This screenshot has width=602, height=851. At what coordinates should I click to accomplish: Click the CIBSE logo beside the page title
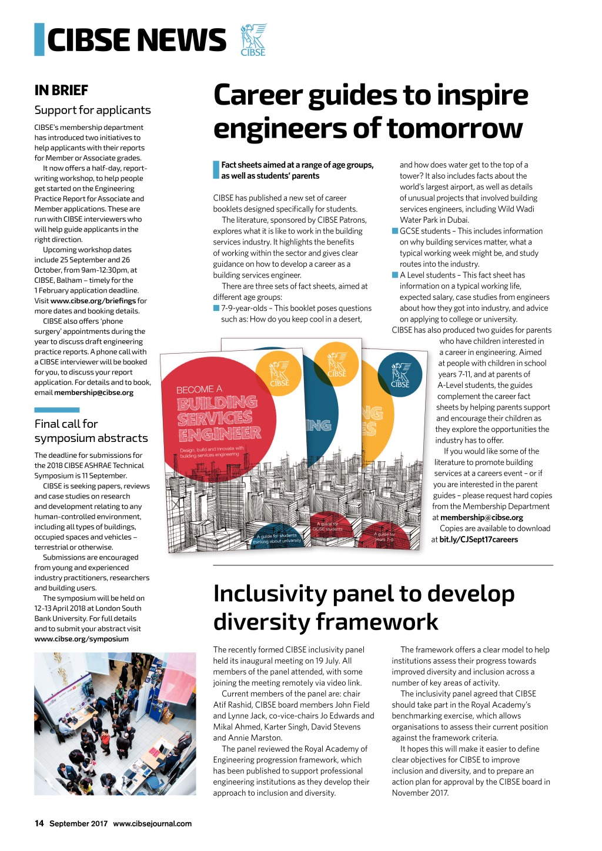253,39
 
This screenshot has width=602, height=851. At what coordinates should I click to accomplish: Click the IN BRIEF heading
61,91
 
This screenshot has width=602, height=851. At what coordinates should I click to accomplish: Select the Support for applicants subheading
92,110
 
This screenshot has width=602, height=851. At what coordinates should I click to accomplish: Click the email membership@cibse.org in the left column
93,393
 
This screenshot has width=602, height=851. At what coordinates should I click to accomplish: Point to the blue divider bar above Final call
56,410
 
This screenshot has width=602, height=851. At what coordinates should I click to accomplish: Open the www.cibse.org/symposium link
81,639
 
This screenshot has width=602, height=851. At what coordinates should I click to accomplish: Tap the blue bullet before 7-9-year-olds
216,308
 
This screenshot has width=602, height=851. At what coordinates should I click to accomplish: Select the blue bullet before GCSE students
395,231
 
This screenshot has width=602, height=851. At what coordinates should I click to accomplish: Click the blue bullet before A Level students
395,275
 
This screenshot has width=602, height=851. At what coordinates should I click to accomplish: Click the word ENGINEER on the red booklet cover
220,434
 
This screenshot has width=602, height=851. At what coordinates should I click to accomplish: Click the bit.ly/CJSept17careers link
479,540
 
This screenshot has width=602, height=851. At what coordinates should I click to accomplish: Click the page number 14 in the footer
39,823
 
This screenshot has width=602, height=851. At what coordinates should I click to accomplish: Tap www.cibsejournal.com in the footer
152,823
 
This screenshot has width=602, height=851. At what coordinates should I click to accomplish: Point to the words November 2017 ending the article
420,793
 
